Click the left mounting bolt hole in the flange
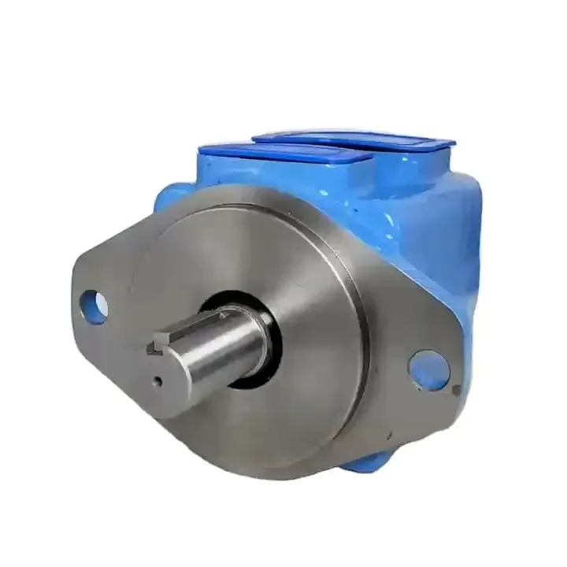click(x=94, y=306)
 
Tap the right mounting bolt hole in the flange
click(x=430, y=369)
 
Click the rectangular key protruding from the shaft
click(x=157, y=346)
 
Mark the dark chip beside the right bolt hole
click(x=456, y=388)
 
